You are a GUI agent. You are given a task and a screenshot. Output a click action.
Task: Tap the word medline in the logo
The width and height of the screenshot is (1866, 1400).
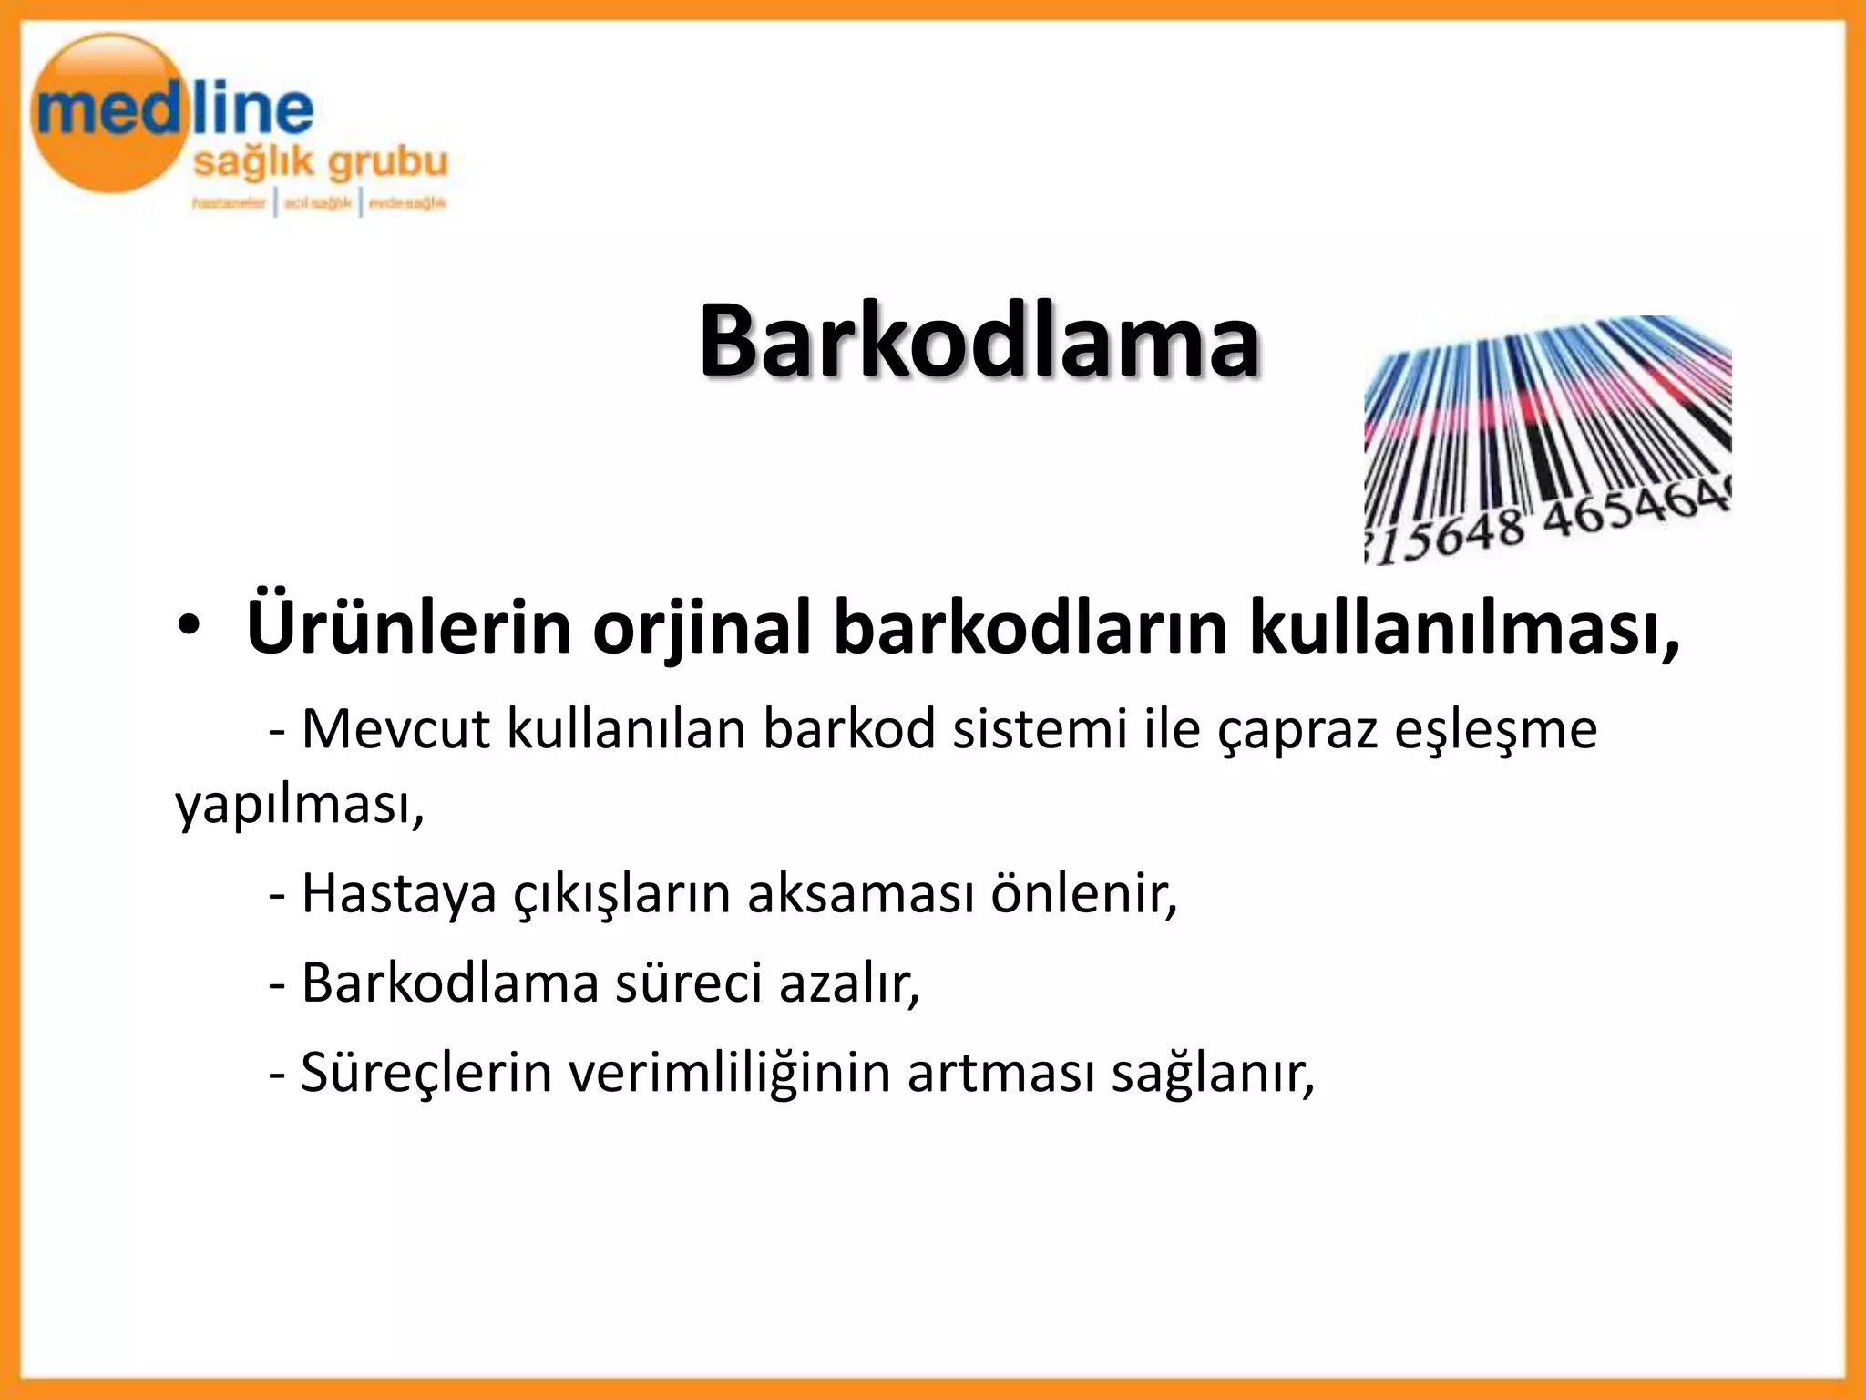click(x=173, y=111)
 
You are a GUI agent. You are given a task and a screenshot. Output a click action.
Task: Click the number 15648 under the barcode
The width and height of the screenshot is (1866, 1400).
click(x=1449, y=538)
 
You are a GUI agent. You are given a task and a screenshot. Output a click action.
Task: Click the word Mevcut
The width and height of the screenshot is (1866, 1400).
click(x=395, y=729)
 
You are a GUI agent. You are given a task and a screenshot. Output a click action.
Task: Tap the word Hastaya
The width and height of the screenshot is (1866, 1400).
click(x=399, y=894)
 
